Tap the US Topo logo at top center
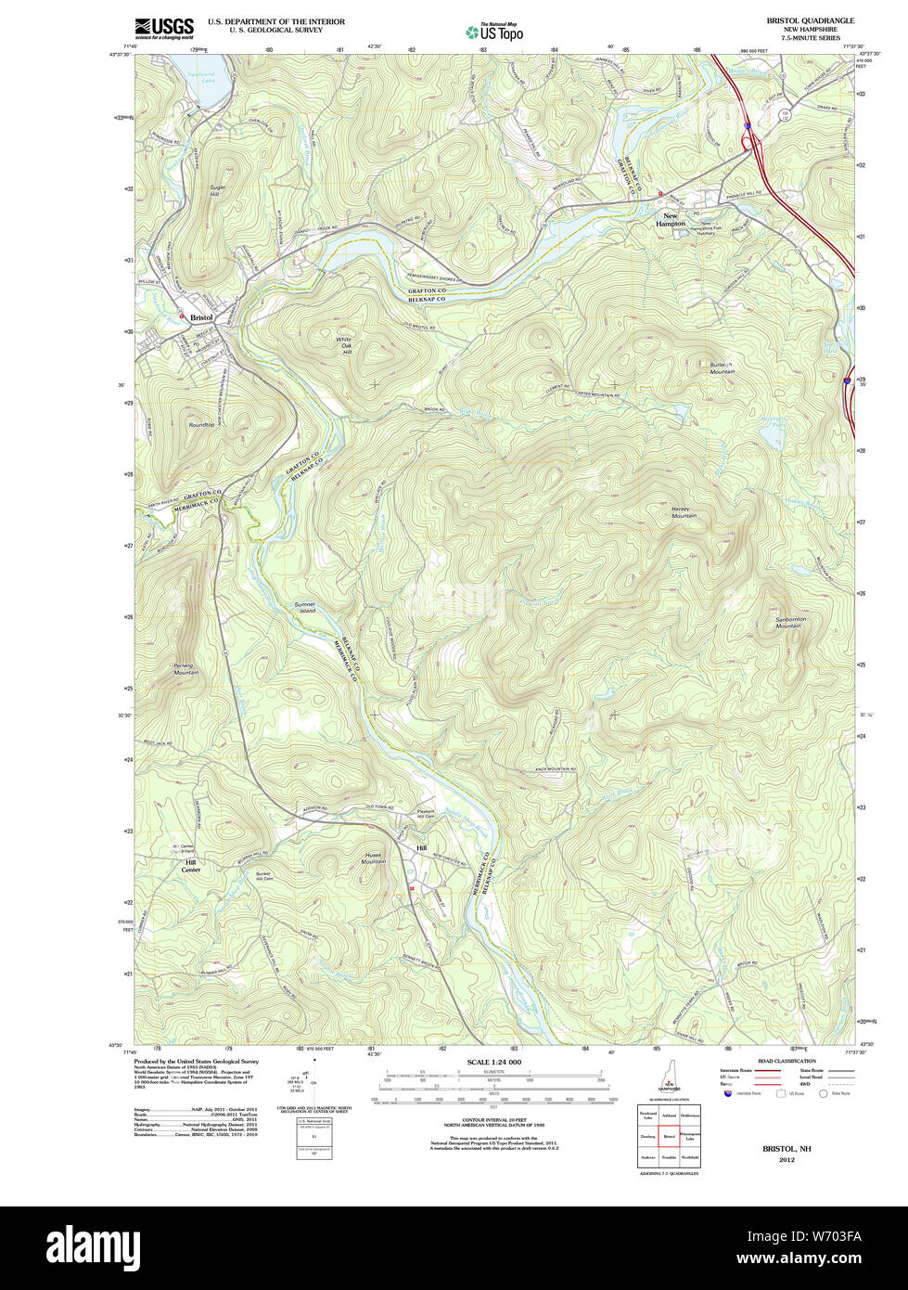(x=494, y=32)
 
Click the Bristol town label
(x=201, y=317)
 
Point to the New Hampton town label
(x=671, y=220)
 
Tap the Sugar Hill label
(x=217, y=190)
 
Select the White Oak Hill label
(x=344, y=346)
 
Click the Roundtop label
(x=201, y=425)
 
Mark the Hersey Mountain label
(x=684, y=511)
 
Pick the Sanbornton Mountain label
(x=787, y=623)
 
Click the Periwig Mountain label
(x=185, y=669)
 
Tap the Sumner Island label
(x=305, y=608)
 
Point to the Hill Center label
(x=190, y=866)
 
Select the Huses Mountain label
(x=374, y=858)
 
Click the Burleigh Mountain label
(x=723, y=368)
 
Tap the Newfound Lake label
(x=201, y=78)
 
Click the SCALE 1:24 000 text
(x=493, y=1062)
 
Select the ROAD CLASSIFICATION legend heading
(x=787, y=1061)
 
